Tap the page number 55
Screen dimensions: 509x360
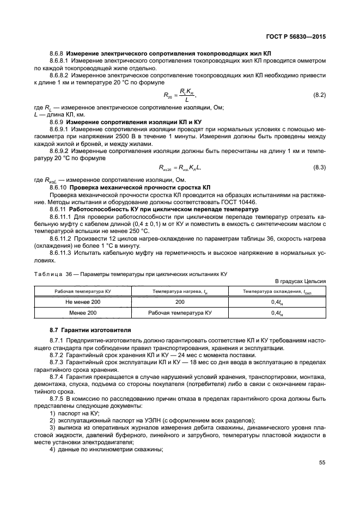[x=321, y=462]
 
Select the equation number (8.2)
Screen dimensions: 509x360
[x=319, y=95]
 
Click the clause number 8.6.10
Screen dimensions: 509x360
[x=58, y=187]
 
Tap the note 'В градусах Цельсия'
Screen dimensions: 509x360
[x=300, y=281]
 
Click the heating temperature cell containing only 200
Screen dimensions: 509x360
[x=180, y=302]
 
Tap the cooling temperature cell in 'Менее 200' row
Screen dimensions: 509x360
[x=276, y=313]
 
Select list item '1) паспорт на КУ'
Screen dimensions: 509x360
[x=74, y=413]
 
